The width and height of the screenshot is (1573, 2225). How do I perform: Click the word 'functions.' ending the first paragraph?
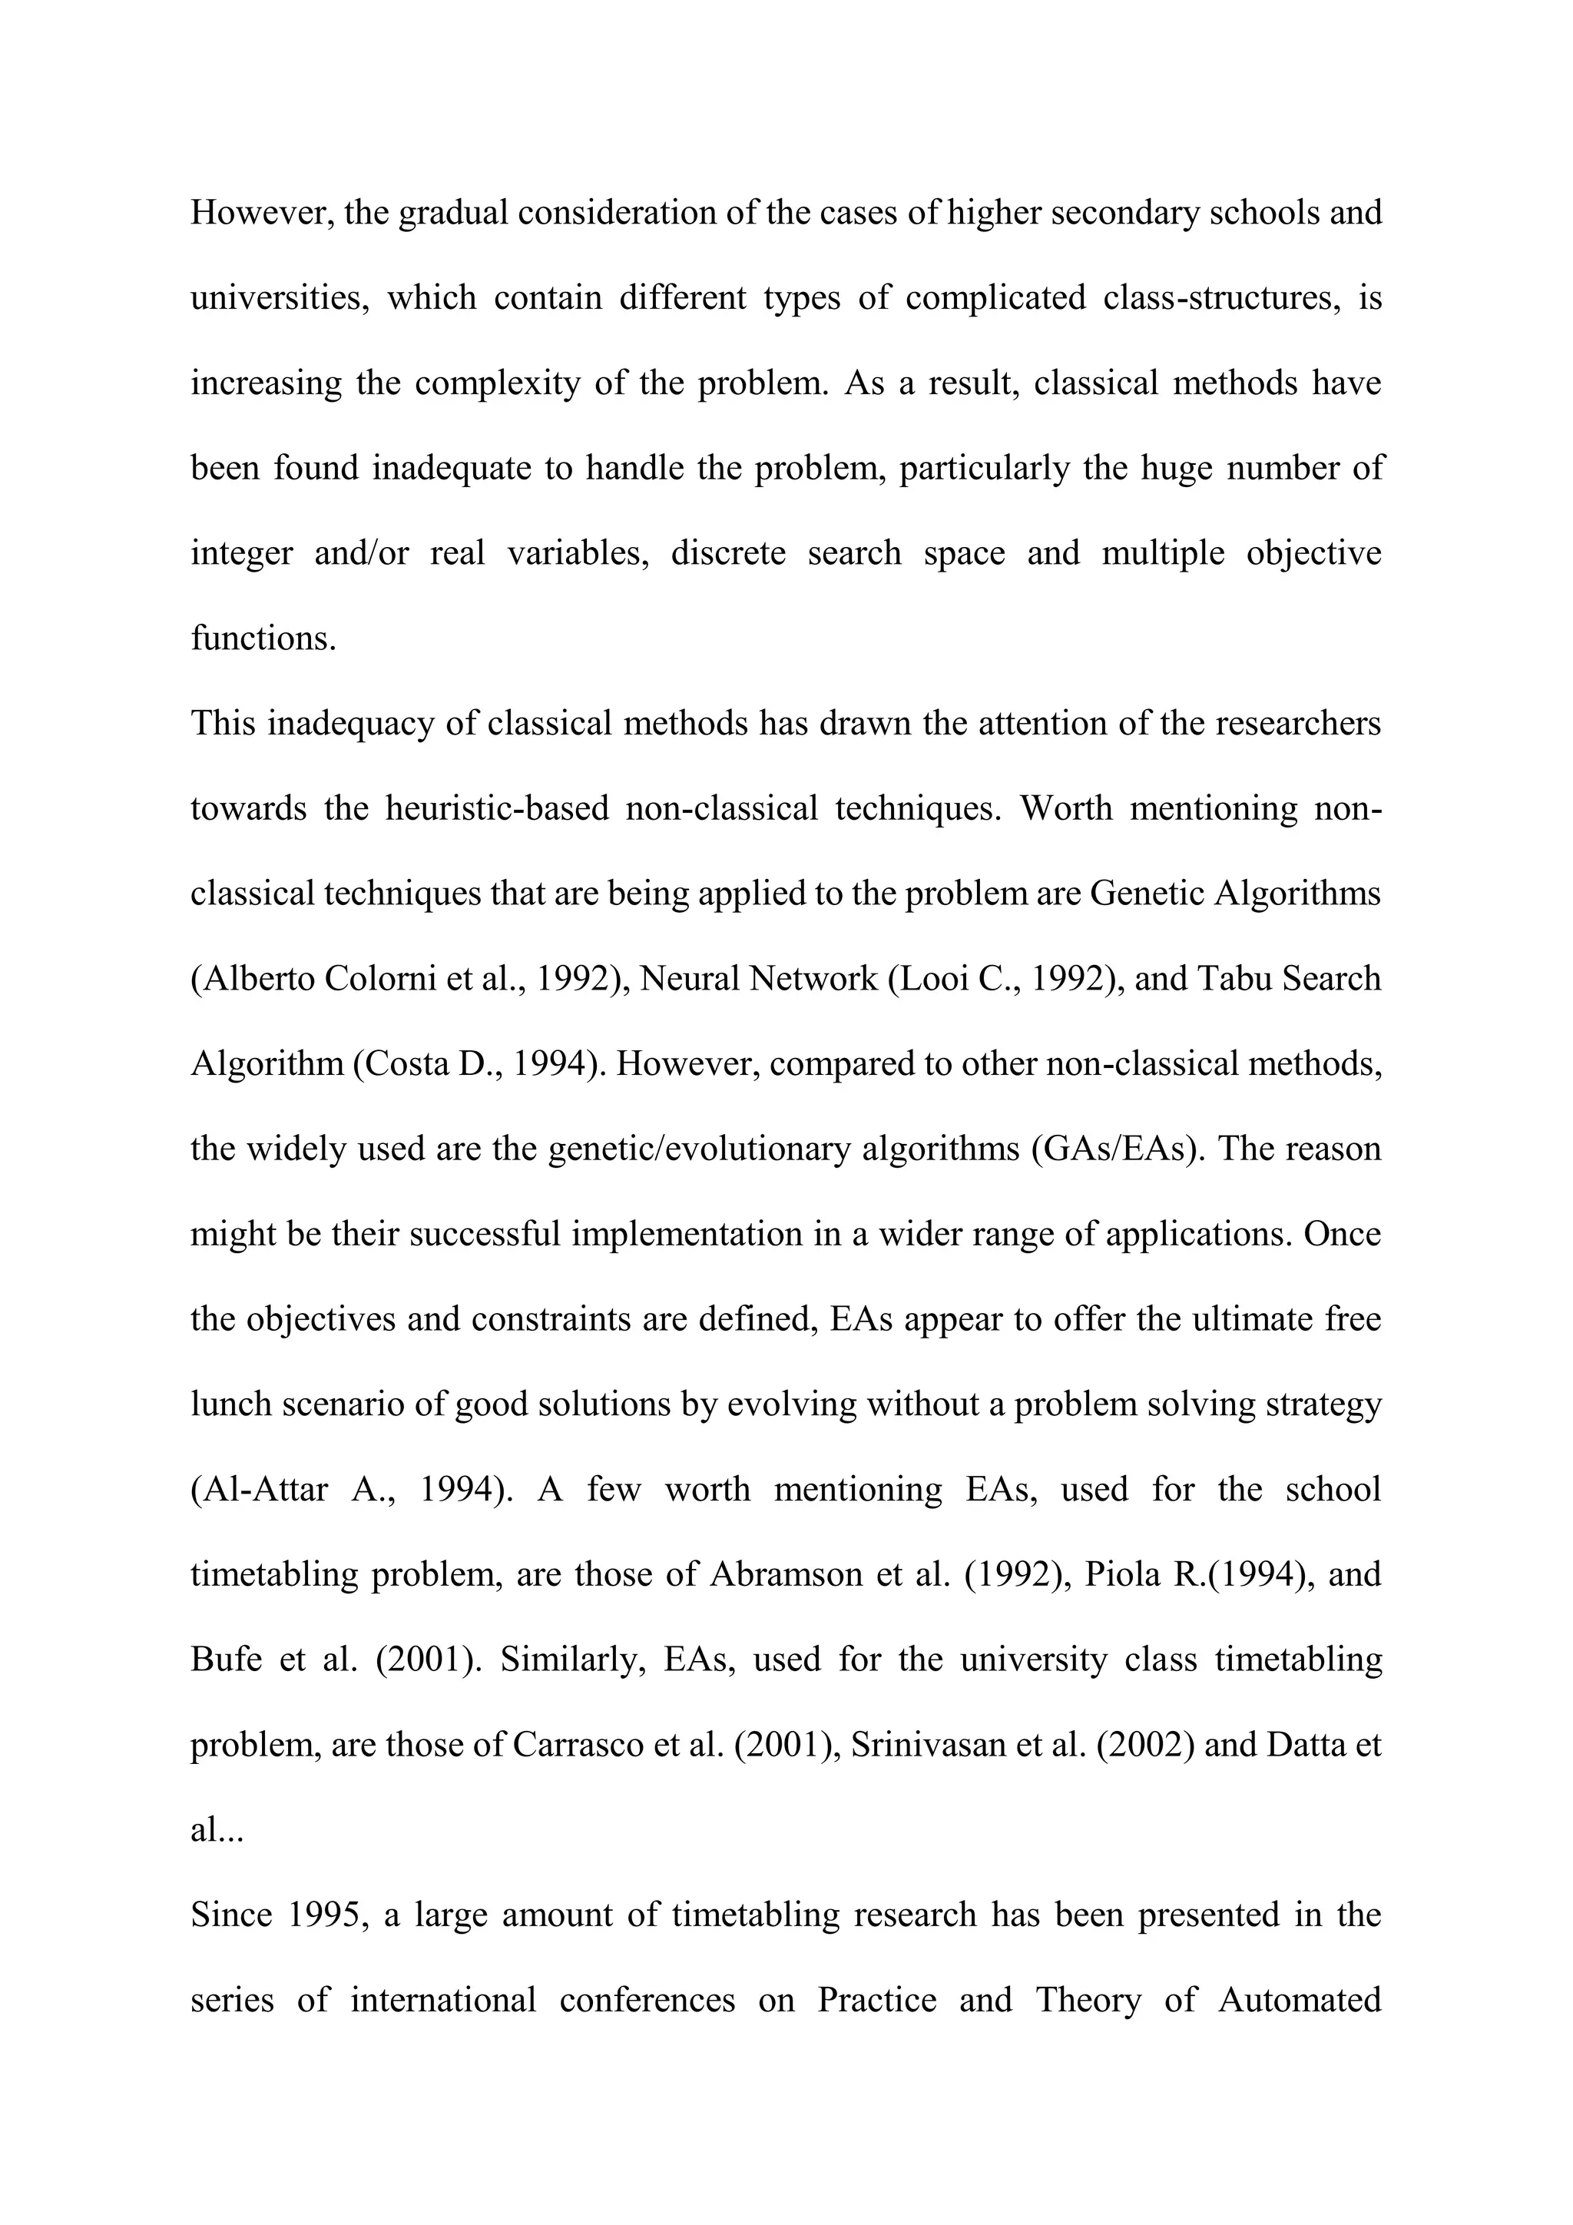point(263,638)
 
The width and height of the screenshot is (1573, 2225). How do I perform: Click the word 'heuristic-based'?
point(497,808)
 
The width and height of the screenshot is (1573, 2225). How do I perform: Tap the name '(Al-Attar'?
point(260,1490)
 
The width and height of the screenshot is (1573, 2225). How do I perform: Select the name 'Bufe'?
point(227,1660)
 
